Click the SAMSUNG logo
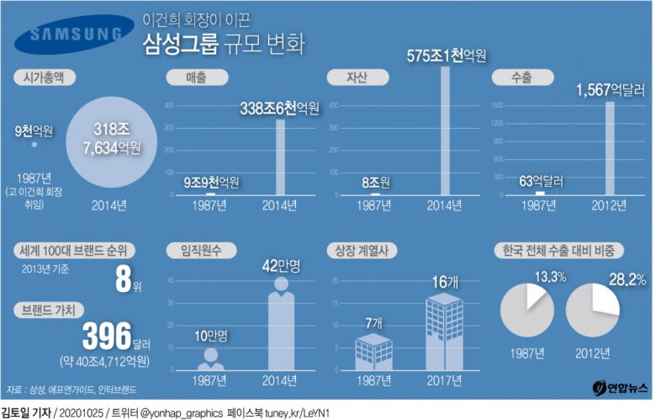click(x=75, y=35)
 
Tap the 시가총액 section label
click(x=47, y=78)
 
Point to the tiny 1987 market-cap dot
click(x=34, y=146)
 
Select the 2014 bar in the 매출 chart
click(x=280, y=157)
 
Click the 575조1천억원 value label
click(x=447, y=56)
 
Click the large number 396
click(x=110, y=335)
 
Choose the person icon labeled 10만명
click(x=210, y=359)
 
